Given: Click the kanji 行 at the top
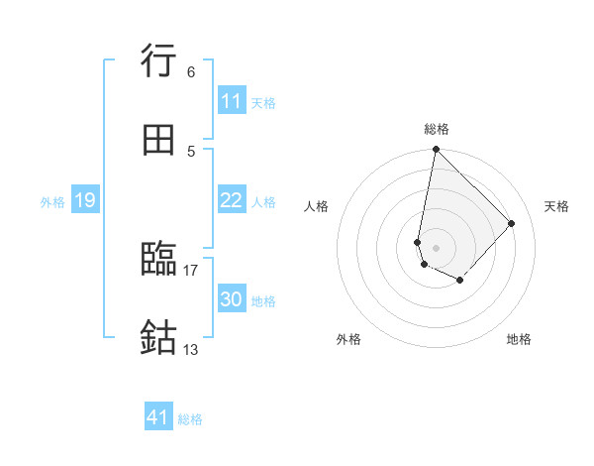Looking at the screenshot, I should coord(159,60).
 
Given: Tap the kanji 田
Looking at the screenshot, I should coord(159,141).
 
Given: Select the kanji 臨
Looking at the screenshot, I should coord(159,260).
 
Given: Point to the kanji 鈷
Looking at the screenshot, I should coord(159,338).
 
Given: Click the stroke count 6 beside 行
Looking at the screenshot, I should coord(190,71).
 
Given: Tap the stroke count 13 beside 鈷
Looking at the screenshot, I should coord(191,349).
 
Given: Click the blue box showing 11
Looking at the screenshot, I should coord(232,102).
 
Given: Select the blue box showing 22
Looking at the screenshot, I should coord(232,200).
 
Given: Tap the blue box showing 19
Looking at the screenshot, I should coord(84,200).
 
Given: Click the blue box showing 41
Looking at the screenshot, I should coord(158,418).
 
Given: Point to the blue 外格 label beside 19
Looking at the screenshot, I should coord(52,202).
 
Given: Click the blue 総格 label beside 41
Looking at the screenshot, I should coord(190,419).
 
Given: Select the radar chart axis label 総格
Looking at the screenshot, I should coord(437,129).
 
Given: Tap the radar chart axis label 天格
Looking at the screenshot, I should coord(556,206).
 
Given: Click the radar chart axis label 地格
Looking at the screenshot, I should coord(519,340).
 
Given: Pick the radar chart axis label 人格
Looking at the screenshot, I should coord(317,206).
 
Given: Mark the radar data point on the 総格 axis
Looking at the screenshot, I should coord(436,150).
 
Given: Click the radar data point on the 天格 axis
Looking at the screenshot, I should coord(512,223).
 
